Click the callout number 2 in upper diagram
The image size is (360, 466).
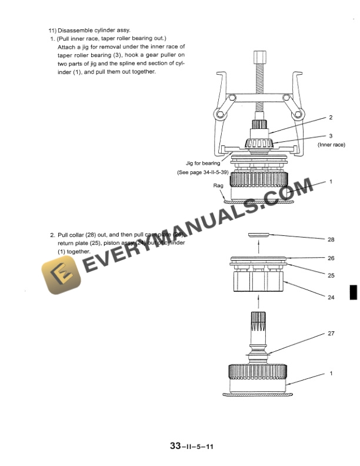pos(331,117)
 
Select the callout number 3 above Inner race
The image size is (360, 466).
pos(331,135)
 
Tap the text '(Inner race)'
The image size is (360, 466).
pos(331,144)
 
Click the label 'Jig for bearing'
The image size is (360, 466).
pos(203,164)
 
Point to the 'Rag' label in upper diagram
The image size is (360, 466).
pos(218,185)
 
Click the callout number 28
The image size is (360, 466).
pos(331,239)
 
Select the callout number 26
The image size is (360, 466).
pos(331,258)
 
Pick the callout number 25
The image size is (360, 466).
pos(331,274)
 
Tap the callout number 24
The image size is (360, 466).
pos(331,297)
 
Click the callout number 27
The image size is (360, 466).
pos(331,333)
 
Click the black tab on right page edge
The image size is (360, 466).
pos(353,292)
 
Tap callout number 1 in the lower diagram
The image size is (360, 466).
pos(331,374)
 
